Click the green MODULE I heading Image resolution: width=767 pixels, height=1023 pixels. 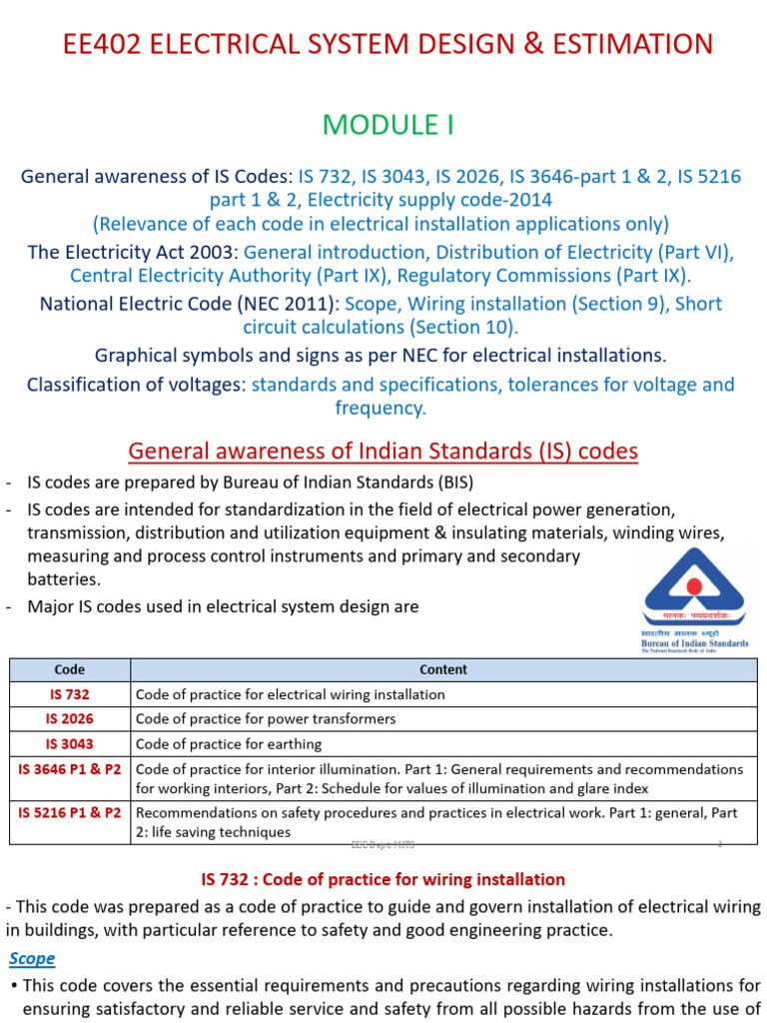click(383, 124)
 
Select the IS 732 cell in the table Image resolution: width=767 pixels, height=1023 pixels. click(70, 694)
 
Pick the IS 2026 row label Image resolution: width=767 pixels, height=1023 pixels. click(70, 719)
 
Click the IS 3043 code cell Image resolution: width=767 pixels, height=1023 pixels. click(70, 744)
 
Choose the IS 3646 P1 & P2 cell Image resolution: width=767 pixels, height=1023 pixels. click(70, 769)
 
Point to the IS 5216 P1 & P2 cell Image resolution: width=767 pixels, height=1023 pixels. click(70, 813)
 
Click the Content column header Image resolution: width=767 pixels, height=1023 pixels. click(443, 669)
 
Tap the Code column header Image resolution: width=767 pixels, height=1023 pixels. click(70, 669)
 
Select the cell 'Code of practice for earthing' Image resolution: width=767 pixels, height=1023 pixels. click(229, 744)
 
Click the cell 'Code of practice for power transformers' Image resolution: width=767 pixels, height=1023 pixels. click(266, 719)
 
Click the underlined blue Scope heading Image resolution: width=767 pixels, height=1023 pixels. click(32, 958)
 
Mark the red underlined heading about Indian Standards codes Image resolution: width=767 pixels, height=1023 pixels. click(383, 452)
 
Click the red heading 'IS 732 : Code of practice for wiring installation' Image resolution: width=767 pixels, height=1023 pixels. click(383, 879)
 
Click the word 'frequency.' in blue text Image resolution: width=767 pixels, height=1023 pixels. click(381, 408)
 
